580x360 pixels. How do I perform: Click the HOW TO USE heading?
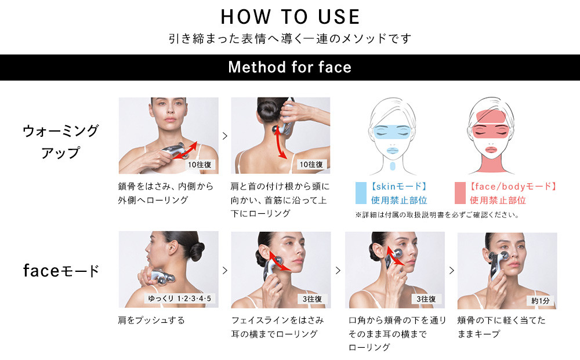pyautogui.click(x=290, y=17)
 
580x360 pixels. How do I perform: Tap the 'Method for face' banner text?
pyautogui.click(x=290, y=67)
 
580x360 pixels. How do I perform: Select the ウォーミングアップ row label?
pyautogui.click(x=61, y=141)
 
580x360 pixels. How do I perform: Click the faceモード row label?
pyautogui.click(x=61, y=271)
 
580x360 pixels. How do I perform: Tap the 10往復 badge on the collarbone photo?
pyautogui.click(x=200, y=165)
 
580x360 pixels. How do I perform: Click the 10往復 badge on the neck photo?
pyautogui.click(x=311, y=165)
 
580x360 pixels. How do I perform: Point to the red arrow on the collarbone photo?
pyautogui.click(x=184, y=150)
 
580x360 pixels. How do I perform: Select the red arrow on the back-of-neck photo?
pyautogui.click(x=280, y=142)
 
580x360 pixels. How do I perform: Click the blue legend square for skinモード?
pyautogui.click(x=361, y=193)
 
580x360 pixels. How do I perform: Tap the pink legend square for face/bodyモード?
pyautogui.click(x=460, y=193)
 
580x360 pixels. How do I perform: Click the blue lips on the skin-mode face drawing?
pyautogui.click(x=392, y=150)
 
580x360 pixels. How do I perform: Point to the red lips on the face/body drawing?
pyautogui.click(x=491, y=150)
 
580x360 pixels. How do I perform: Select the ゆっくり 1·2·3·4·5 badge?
pyautogui.click(x=179, y=299)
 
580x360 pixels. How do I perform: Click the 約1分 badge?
pyautogui.click(x=541, y=301)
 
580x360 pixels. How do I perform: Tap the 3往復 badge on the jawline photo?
pyautogui.click(x=312, y=299)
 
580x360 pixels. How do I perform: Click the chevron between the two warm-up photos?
pyautogui.click(x=225, y=136)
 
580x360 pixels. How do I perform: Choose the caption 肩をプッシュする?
pyautogui.click(x=151, y=320)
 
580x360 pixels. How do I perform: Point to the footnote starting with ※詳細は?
pyautogui.click(x=437, y=214)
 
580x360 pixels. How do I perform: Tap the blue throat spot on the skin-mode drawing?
pyautogui.click(x=393, y=166)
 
